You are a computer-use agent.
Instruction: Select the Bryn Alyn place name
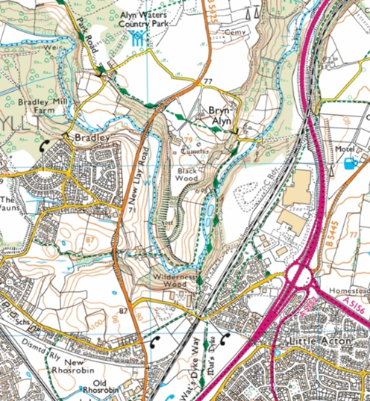(222, 113)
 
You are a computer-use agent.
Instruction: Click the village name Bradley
(92, 139)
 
